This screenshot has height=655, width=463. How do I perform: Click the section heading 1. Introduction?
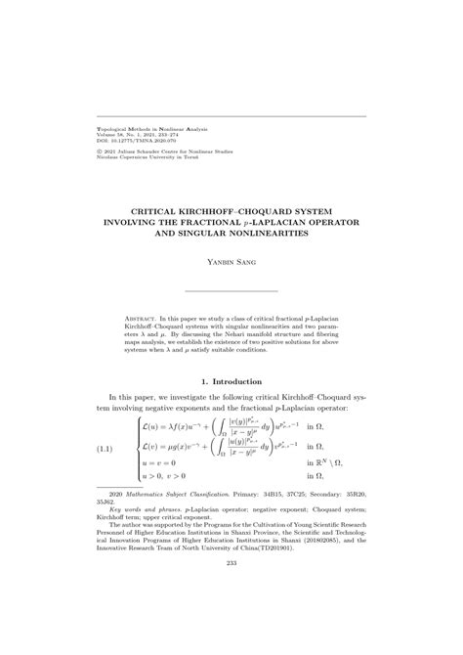(x=231, y=380)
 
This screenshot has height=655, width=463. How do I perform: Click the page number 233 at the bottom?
(x=231, y=617)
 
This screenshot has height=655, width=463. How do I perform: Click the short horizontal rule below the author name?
(x=231, y=291)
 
